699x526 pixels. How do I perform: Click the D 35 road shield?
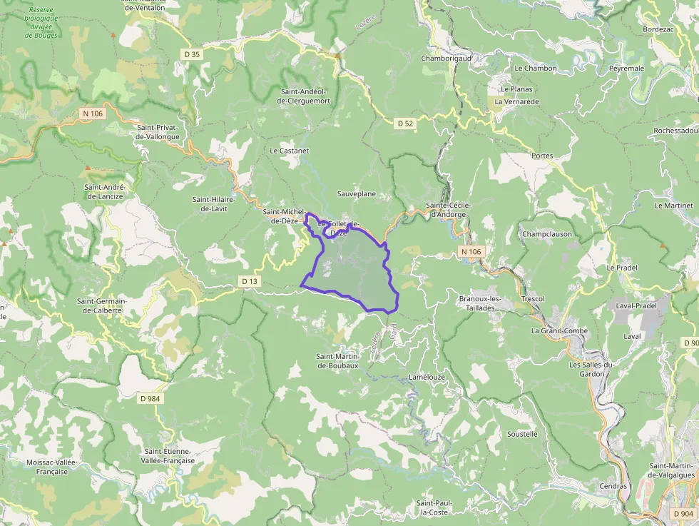tap(192, 54)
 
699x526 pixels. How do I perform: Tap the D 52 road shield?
tap(404, 123)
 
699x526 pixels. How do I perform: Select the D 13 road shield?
tap(250, 281)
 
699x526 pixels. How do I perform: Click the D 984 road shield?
tap(150, 398)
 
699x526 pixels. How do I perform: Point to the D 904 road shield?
tap(683, 514)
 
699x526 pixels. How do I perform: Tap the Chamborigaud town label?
tap(447, 59)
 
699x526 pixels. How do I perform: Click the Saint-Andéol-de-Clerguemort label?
tap(305, 96)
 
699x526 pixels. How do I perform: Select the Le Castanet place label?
tap(289, 151)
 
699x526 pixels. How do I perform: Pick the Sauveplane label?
tap(356, 194)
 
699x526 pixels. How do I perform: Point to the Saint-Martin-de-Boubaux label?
tap(337, 360)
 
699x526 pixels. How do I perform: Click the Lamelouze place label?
tap(427, 376)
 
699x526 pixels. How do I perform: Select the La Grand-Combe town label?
tap(559, 331)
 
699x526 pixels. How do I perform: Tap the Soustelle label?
tap(522, 434)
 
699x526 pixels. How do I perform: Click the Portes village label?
tap(542, 156)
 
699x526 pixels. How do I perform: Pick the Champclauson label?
tap(547, 234)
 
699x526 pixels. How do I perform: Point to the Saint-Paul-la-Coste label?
tap(434, 507)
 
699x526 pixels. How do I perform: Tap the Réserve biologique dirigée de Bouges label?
tap(42, 22)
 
